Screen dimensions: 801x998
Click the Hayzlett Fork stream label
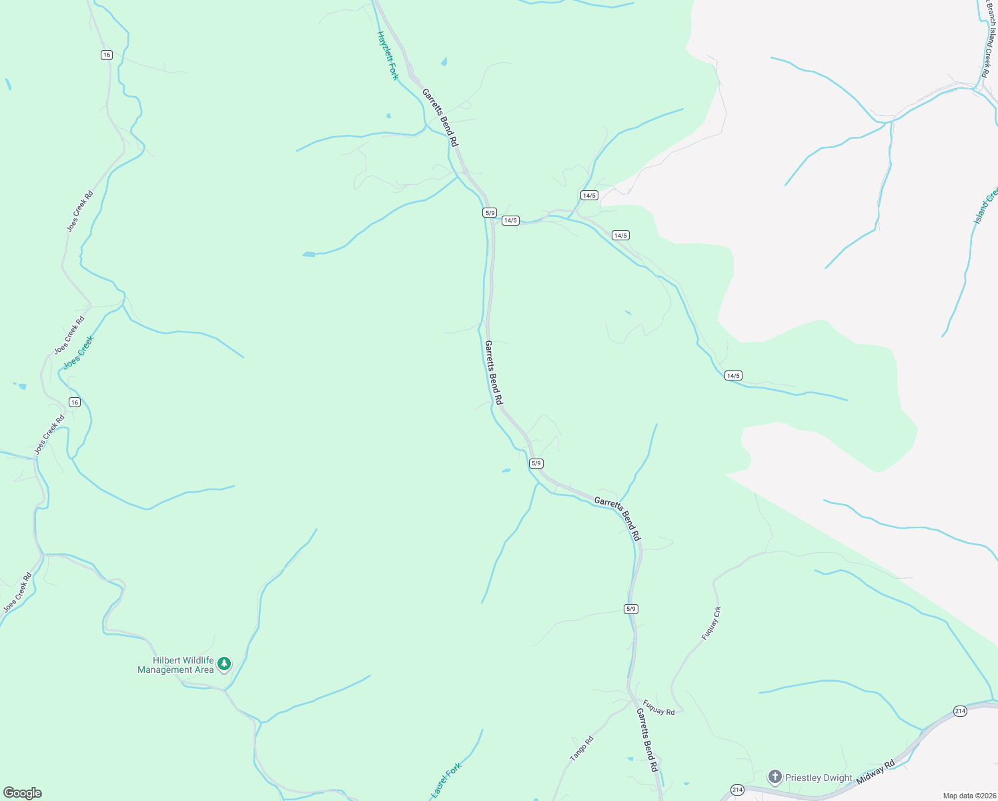(388, 55)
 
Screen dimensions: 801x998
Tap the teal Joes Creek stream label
(79, 352)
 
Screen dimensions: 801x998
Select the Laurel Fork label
(446, 780)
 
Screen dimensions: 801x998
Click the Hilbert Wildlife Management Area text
(176, 665)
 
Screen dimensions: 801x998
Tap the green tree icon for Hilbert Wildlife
(225, 663)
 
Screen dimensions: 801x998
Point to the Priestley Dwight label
(819, 778)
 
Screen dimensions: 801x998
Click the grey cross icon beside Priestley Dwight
(775, 777)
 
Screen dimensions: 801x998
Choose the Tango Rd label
(581, 749)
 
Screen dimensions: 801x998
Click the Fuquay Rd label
(659, 708)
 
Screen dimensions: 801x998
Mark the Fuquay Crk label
(711, 623)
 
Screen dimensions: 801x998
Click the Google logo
(23, 793)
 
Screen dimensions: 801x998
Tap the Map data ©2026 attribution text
(969, 796)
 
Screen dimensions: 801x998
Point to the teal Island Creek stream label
(986, 206)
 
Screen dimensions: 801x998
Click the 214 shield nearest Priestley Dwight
(737, 790)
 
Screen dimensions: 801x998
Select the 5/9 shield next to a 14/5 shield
(490, 213)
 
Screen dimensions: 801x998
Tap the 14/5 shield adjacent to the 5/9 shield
(510, 220)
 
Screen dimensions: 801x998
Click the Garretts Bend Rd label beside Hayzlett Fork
(440, 117)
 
